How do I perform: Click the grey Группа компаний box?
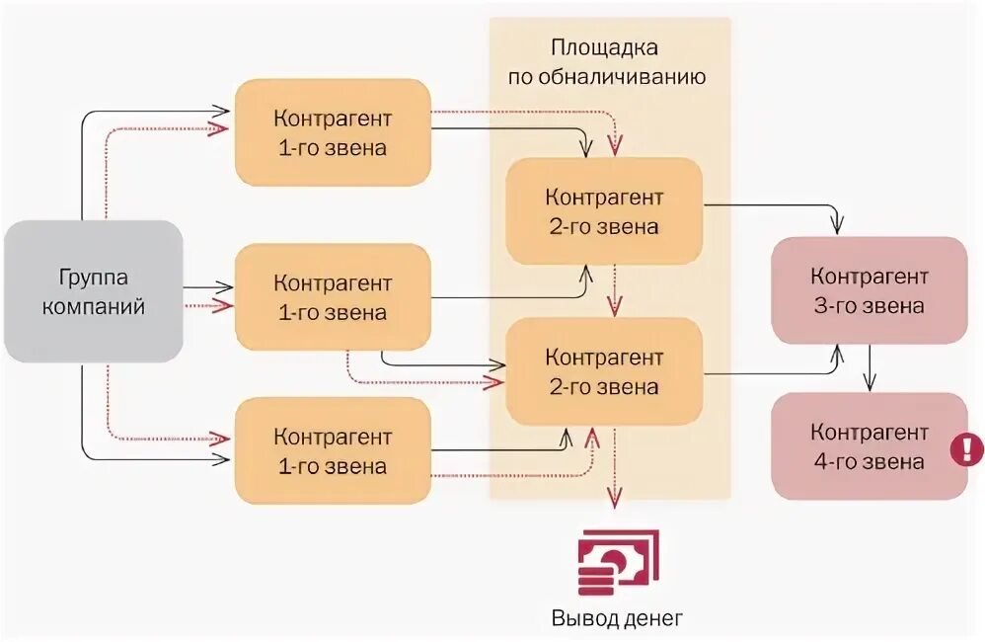click(x=94, y=291)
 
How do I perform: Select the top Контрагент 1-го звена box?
click(x=333, y=132)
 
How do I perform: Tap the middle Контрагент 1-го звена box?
click(x=333, y=297)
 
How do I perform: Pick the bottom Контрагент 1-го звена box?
click(x=333, y=450)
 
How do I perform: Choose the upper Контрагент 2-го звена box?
click(x=604, y=211)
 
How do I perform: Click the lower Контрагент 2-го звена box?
click(x=604, y=371)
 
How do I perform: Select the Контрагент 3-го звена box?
click(x=869, y=290)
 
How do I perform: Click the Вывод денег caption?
click(x=616, y=619)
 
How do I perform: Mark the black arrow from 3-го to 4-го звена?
click(x=869, y=367)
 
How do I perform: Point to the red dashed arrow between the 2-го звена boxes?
click(x=614, y=288)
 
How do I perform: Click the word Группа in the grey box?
click(x=94, y=278)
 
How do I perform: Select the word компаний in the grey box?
click(x=94, y=306)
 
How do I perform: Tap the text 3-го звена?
click(x=869, y=305)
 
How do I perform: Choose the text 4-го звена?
click(x=869, y=461)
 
